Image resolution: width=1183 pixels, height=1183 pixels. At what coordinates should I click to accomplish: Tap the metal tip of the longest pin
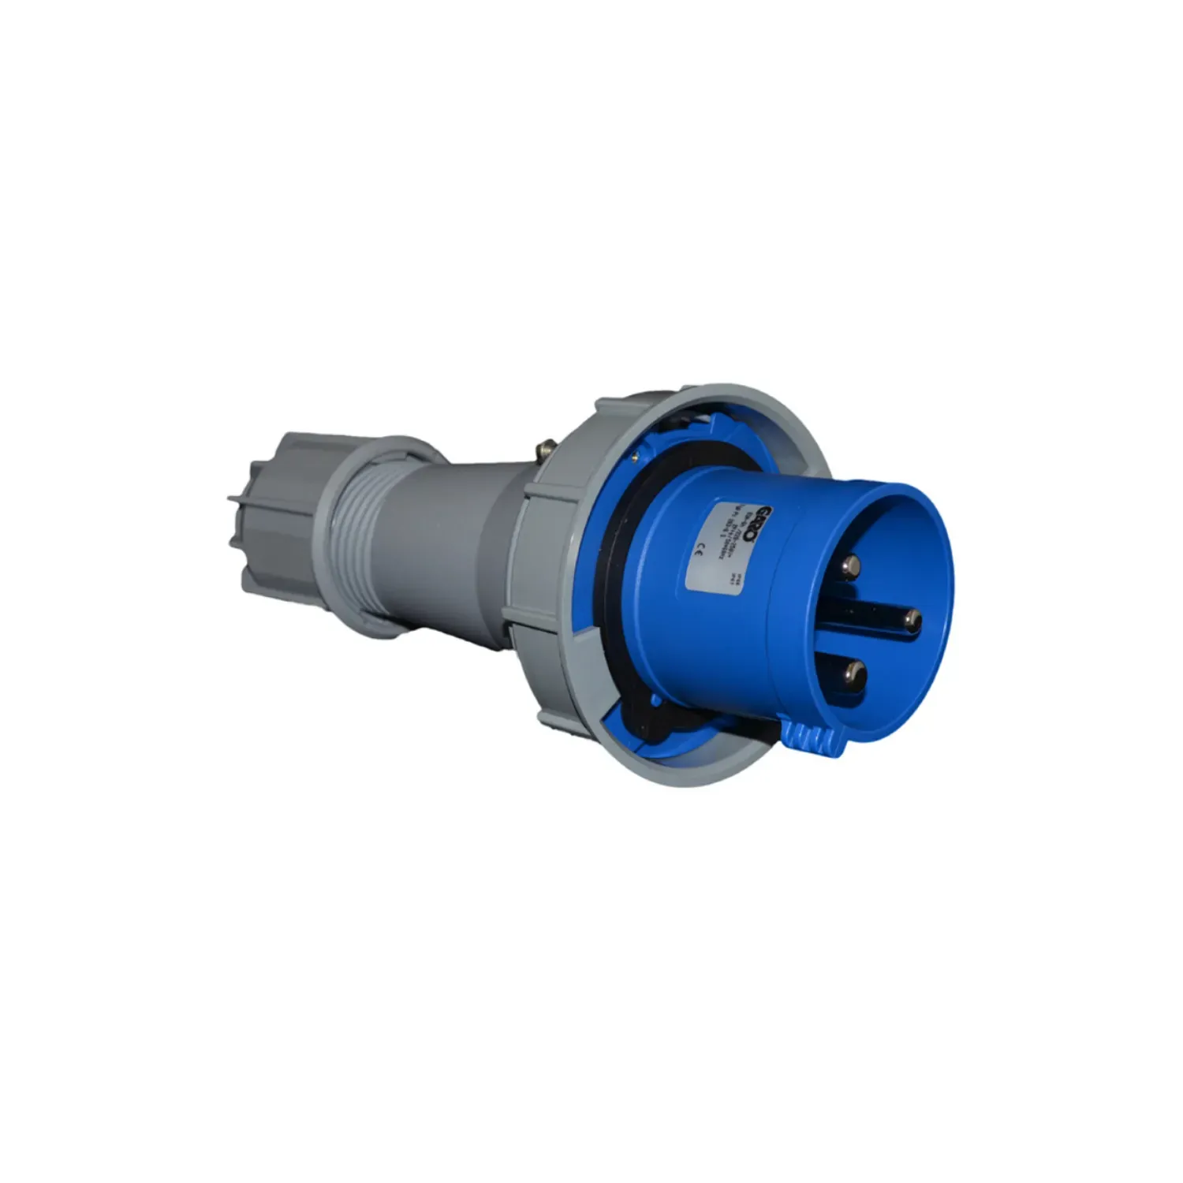tap(913, 619)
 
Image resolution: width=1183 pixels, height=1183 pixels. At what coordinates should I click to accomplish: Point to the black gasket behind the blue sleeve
tap(631, 552)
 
